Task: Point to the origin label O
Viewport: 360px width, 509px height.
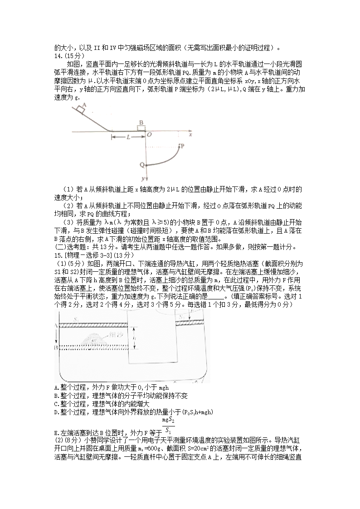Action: (149, 135)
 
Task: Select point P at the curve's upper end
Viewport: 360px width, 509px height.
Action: (182, 146)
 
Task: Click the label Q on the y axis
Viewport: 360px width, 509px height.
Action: (141, 165)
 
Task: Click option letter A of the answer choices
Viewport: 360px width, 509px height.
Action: (55, 387)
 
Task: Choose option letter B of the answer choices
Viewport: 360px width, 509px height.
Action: (55, 396)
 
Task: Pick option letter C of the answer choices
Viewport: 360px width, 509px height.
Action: (55, 404)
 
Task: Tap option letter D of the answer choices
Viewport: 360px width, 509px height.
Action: (55, 412)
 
